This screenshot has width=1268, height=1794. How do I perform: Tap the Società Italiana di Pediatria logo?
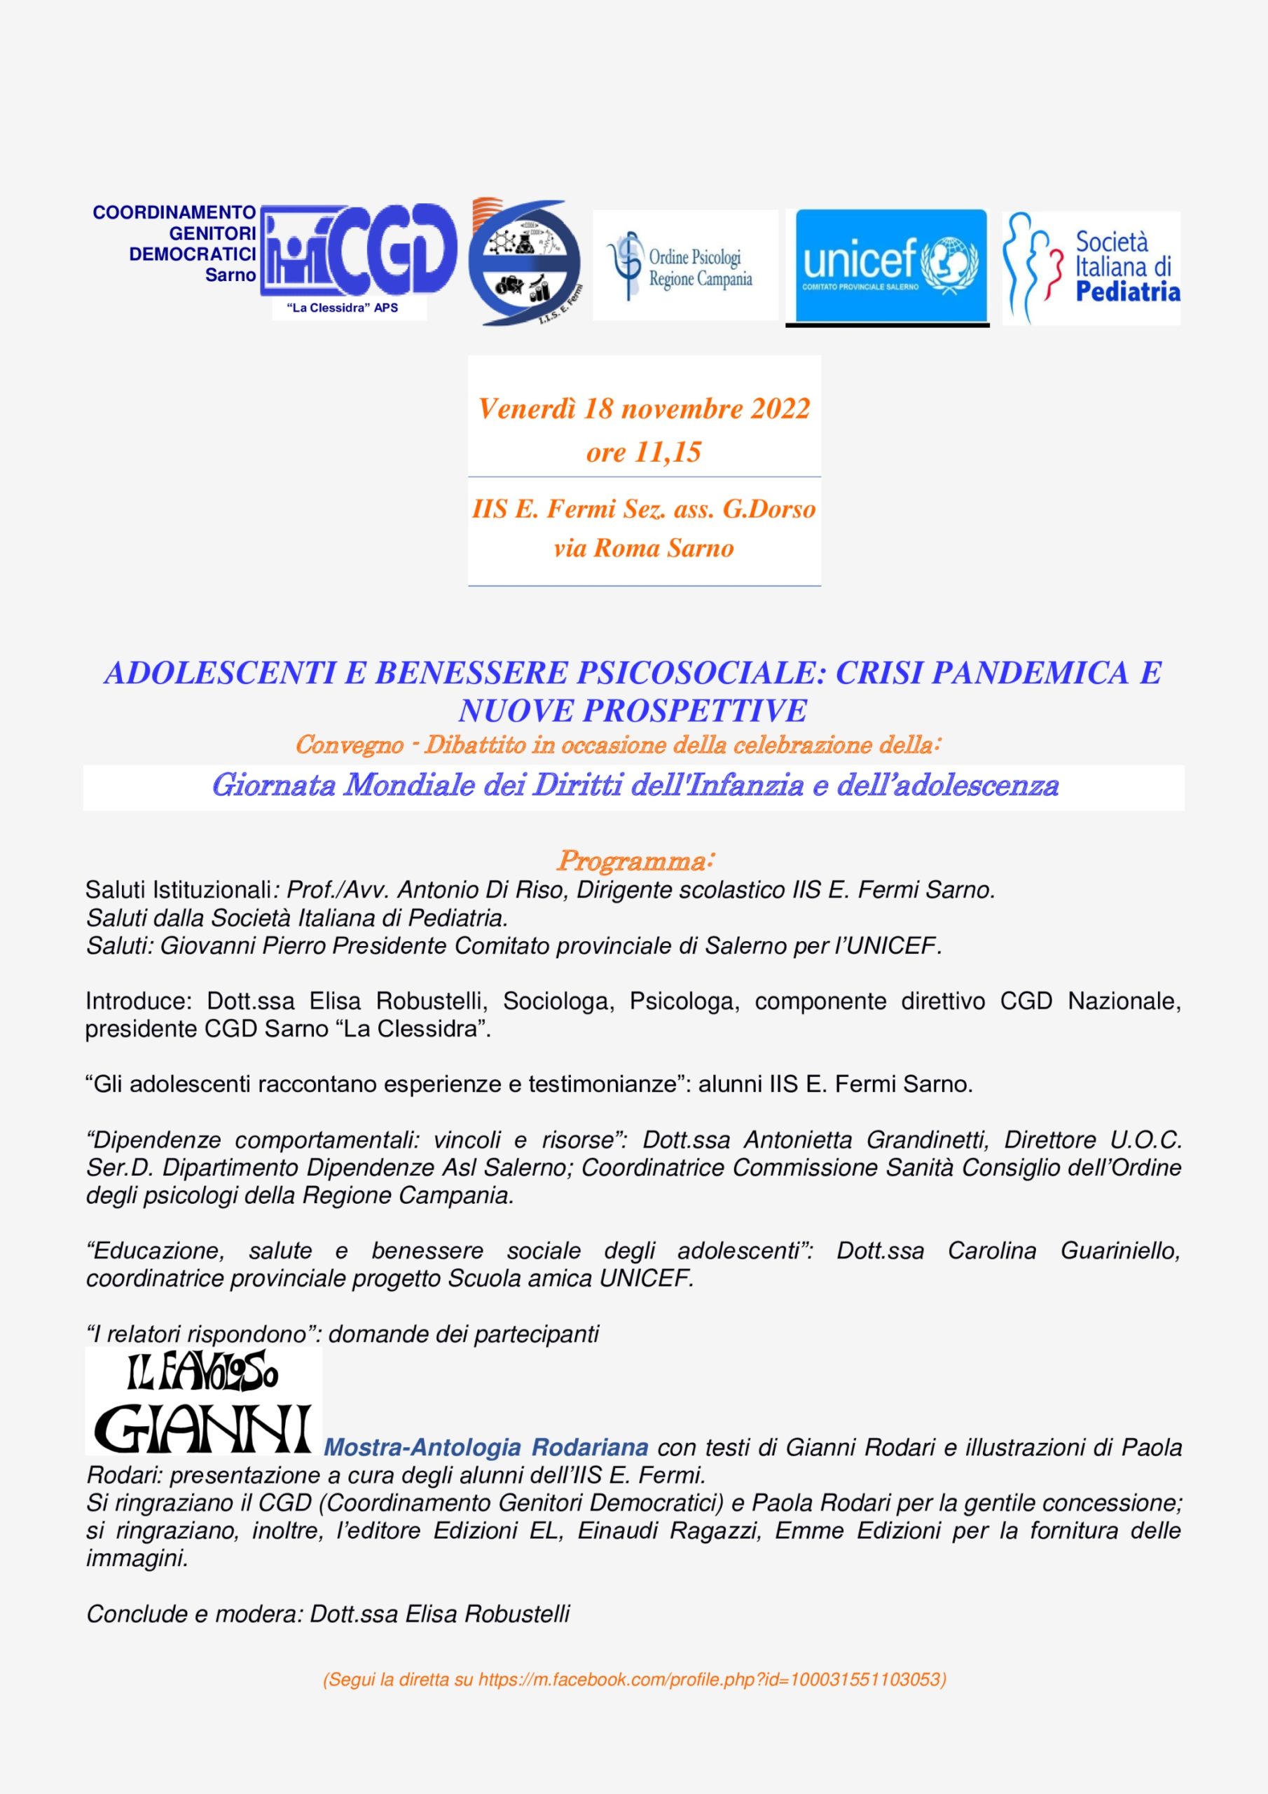pos(1091,267)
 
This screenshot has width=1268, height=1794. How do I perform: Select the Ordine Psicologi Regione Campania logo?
pos(685,266)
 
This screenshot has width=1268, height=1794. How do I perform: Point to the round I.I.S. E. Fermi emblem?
pos(524,263)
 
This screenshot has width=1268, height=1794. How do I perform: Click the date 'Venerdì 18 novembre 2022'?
pos(644,409)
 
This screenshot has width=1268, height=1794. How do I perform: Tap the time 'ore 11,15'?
pos(644,451)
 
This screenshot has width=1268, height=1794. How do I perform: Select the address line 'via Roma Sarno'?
pos(644,548)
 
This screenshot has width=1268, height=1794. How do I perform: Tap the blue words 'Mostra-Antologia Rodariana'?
pos(485,1447)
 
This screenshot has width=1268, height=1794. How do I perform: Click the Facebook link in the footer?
pos(711,1678)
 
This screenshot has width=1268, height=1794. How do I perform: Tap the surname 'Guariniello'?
pos(1119,1250)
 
